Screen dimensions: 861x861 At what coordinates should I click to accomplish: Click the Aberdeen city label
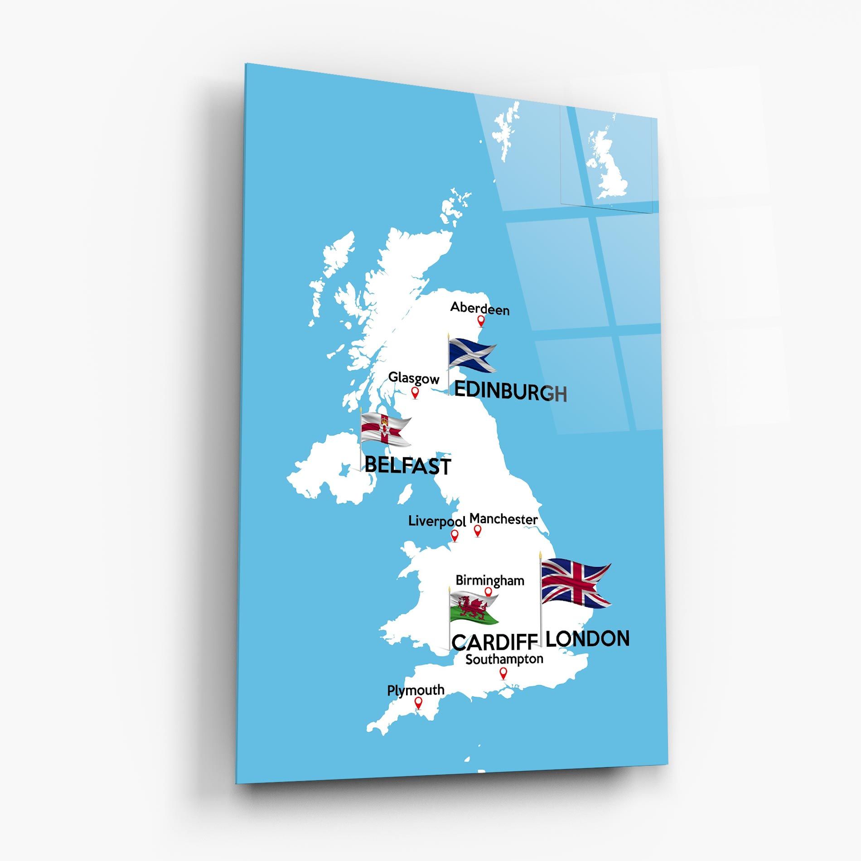[x=479, y=309]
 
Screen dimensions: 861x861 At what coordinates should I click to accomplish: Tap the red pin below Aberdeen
[x=481, y=321]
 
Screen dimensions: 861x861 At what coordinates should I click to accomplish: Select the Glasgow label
[x=414, y=378]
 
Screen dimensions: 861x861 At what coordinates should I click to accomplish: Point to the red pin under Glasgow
[x=415, y=392]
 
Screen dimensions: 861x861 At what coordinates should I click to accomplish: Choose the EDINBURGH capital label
[x=510, y=392]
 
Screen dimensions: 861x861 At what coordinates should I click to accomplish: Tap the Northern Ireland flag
[x=385, y=430]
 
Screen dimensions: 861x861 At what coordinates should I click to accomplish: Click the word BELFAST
[x=407, y=465]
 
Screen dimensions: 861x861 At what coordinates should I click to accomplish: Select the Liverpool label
[x=437, y=521]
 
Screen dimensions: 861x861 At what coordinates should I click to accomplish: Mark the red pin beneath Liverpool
[x=455, y=536]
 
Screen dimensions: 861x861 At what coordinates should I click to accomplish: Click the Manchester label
[x=503, y=519]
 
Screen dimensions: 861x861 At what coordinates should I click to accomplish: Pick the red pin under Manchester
[x=477, y=530]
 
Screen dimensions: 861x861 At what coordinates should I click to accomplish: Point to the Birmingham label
[x=489, y=580]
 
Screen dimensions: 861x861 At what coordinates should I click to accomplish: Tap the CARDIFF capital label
[x=494, y=642]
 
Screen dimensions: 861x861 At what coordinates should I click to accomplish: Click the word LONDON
[x=587, y=638]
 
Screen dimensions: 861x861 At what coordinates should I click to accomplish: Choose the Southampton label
[x=504, y=659]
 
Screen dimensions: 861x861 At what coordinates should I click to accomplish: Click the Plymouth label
[x=416, y=690]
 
